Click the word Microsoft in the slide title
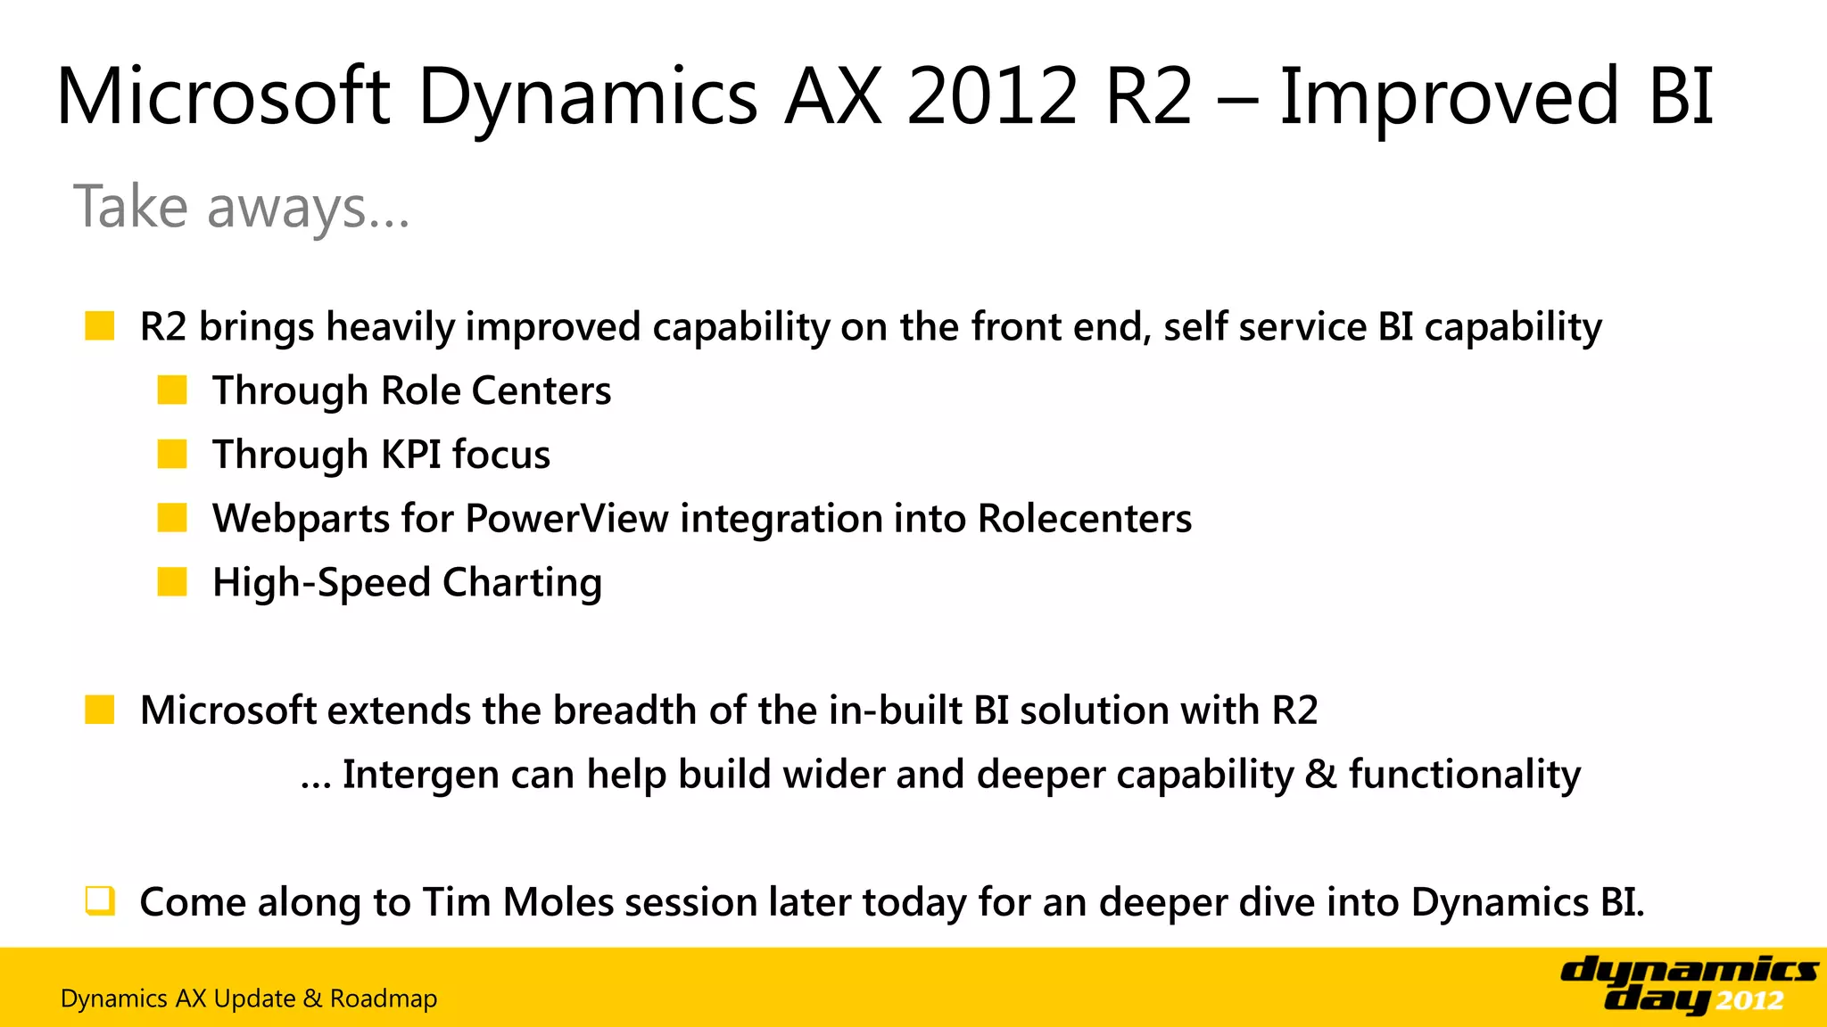(223, 96)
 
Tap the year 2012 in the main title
(992, 96)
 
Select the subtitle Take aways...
(241, 207)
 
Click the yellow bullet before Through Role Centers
(171, 390)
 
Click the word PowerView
(566, 519)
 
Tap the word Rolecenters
(1084, 519)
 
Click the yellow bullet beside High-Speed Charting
(171, 583)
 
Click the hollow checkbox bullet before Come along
(99, 901)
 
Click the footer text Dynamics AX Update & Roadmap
(249, 998)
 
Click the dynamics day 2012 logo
(1688, 984)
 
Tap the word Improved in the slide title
(1449, 96)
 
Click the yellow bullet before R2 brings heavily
(99, 326)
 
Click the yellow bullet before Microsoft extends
(99, 711)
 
